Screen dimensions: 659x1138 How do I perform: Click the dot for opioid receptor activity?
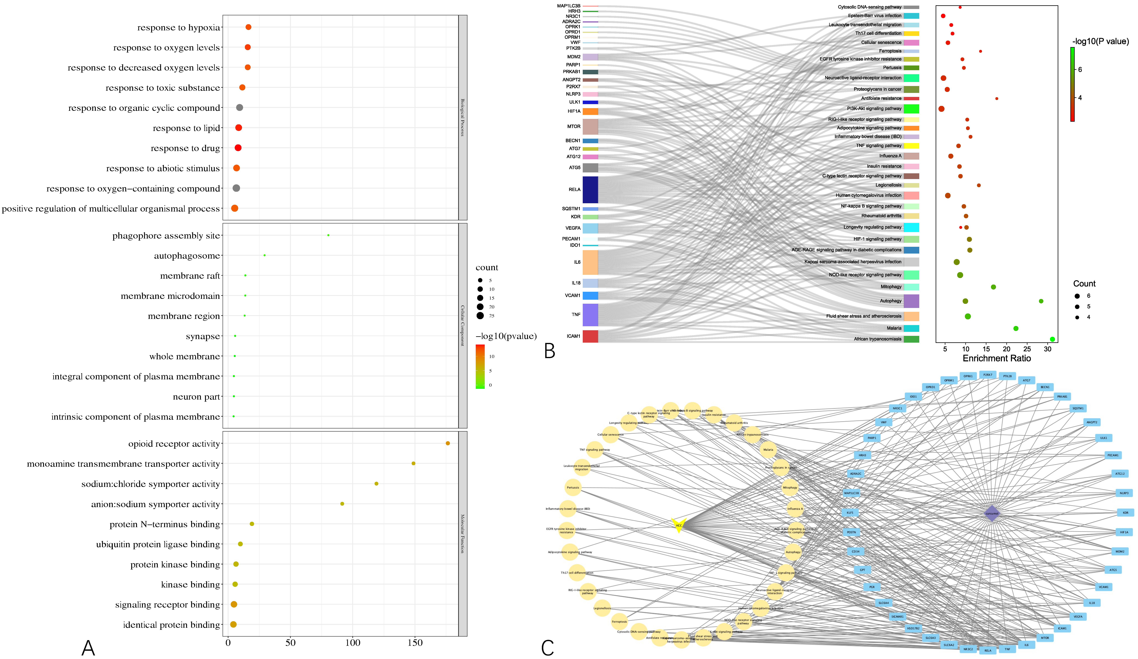[x=448, y=443]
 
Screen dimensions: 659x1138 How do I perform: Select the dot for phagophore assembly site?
[x=328, y=235]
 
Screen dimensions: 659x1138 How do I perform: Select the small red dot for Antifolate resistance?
[x=997, y=98]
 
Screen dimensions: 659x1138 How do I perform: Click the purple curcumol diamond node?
[x=992, y=513]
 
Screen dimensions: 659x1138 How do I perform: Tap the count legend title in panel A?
[x=486, y=268]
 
